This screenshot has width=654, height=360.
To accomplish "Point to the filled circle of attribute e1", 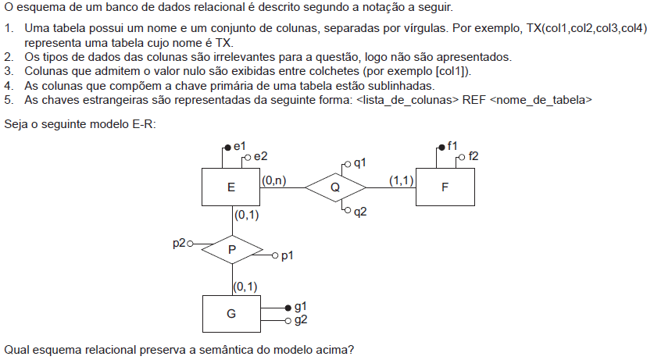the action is tap(227, 148).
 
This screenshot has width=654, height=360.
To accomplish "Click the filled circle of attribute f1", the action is tap(441, 148).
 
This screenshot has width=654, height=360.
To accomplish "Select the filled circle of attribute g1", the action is tap(288, 308).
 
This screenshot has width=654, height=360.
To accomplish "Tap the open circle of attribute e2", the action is tap(248, 158).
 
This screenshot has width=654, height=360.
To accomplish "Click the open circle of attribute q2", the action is tap(348, 211).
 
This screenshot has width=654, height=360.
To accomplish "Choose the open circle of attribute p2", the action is tap(190, 244).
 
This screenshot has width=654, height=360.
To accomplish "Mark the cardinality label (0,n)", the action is tap(274, 180).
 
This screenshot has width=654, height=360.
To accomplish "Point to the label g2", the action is tap(301, 320).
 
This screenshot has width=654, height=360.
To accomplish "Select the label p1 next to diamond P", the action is tap(287, 256).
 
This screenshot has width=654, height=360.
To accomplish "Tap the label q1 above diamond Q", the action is tap(359, 163).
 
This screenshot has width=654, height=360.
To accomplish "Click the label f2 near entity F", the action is tap(474, 156).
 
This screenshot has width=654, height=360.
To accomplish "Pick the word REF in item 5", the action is tap(474, 100).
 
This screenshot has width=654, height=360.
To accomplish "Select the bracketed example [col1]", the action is tap(452, 71).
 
